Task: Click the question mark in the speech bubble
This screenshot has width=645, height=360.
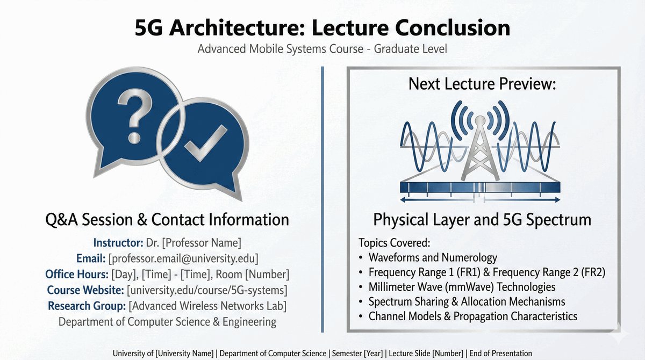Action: pyautogui.click(x=135, y=115)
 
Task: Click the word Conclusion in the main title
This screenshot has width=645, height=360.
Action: pyautogui.click(x=453, y=28)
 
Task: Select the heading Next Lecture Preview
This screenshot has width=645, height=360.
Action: pyautogui.click(x=482, y=83)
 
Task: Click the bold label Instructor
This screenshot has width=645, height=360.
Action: pyautogui.click(x=118, y=242)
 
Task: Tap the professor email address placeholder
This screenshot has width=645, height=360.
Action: pyautogui.click(x=183, y=258)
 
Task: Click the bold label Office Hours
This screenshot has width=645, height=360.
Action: pyautogui.click(x=76, y=274)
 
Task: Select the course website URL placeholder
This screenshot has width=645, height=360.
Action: pyautogui.click(x=207, y=290)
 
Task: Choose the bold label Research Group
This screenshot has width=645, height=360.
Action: pyautogui.click(x=87, y=306)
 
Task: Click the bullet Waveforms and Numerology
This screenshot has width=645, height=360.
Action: pyautogui.click(x=433, y=257)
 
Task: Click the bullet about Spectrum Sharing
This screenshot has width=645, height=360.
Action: pyautogui.click(x=467, y=301)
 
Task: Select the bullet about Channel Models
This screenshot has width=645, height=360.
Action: pyautogui.click(x=473, y=316)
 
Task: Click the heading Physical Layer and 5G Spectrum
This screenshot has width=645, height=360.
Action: pyautogui.click(x=482, y=220)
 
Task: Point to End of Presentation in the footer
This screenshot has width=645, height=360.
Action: pyautogui.click(x=500, y=353)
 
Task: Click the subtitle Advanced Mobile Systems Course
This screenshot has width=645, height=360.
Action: pyautogui.click(x=281, y=49)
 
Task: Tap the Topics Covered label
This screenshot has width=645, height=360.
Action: pyautogui.click(x=394, y=242)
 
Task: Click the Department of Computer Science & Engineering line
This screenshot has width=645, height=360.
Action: pyautogui.click(x=167, y=322)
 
